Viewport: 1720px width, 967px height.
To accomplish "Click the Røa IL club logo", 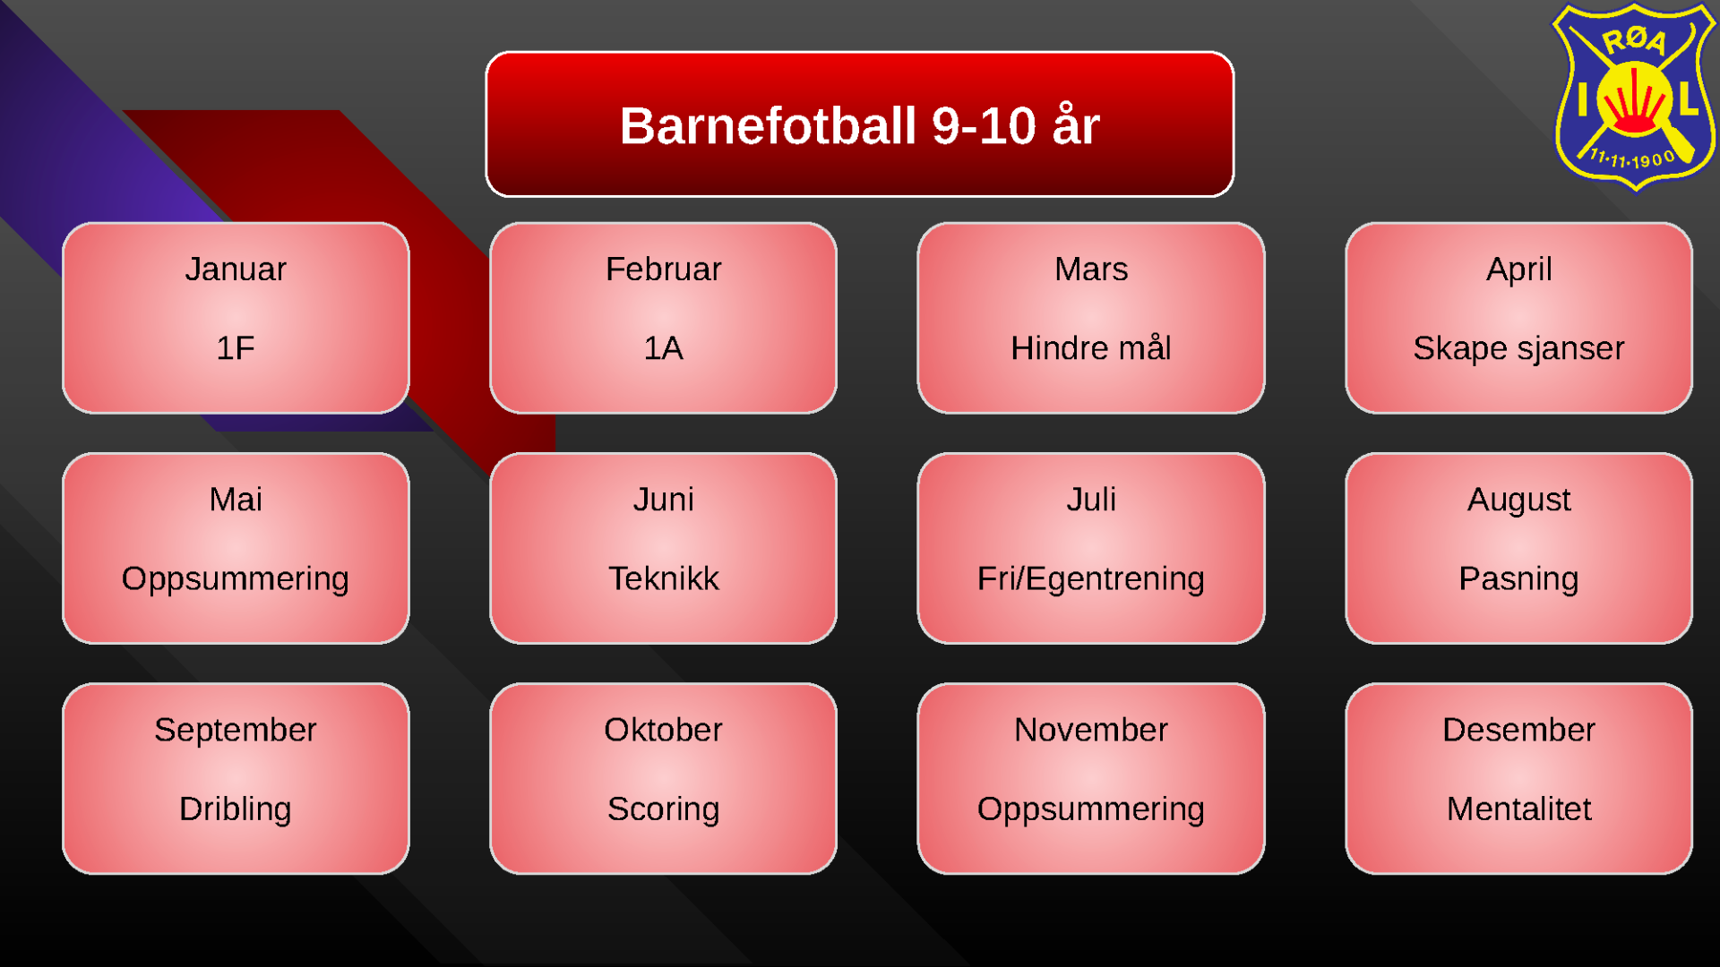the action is pyautogui.click(x=1634, y=97).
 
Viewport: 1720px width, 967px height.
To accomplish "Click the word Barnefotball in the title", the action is pyautogui.click(x=769, y=125).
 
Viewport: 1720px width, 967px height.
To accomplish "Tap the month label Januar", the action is pyautogui.click(x=236, y=270).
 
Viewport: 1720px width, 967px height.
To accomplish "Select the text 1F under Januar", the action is pyautogui.click(x=236, y=348).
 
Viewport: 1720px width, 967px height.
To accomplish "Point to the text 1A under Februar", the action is pyautogui.click(x=664, y=348).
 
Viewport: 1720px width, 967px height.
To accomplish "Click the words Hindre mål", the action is pyautogui.click(x=1091, y=347).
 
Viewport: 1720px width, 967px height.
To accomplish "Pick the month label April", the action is pyautogui.click(x=1519, y=270).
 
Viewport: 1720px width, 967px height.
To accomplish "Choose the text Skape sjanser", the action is pyautogui.click(x=1519, y=349).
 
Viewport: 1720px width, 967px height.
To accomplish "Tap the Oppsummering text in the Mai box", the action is pyautogui.click(x=236, y=579).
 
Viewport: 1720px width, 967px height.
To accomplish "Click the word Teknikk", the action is pyautogui.click(x=664, y=578).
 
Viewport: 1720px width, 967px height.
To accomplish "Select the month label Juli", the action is pyautogui.click(x=1091, y=500).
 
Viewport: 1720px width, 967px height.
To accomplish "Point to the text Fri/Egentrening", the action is pyautogui.click(x=1091, y=579).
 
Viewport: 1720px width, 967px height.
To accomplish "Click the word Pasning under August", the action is pyautogui.click(x=1519, y=579).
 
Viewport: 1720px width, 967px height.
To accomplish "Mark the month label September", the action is pyautogui.click(x=236, y=731).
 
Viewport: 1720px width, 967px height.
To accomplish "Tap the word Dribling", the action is pyautogui.click(x=236, y=809).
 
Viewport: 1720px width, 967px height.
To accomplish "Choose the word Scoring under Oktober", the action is pyautogui.click(x=664, y=809).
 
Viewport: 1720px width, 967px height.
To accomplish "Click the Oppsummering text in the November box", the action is pyautogui.click(x=1091, y=809).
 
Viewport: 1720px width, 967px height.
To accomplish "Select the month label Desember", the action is pyautogui.click(x=1519, y=730).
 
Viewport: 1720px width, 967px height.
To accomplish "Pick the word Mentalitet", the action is pyautogui.click(x=1519, y=809).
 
